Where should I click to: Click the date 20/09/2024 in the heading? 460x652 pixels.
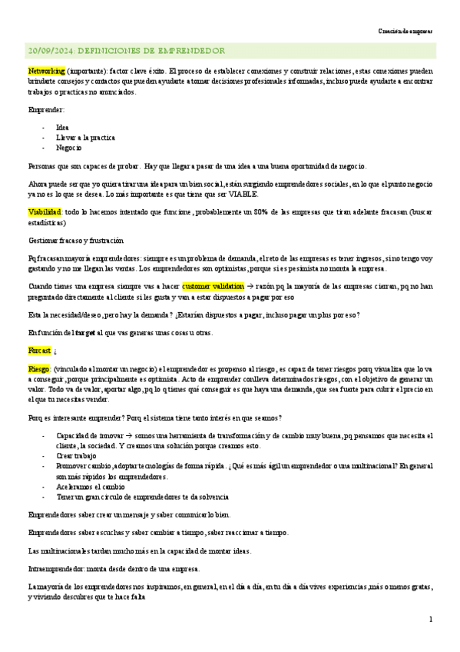pyautogui.click(x=50, y=51)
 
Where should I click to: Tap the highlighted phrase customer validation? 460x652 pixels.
pyautogui.click(x=213, y=285)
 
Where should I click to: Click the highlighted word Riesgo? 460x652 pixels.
pyautogui.click(x=38, y=369)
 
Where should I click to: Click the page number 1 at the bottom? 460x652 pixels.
pyautogui.click(x=431, y=619)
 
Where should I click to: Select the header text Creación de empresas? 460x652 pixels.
pyautogui.click(x=405, y=32)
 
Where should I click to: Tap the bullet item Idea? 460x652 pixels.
pyautogui.click(x=62, y=128)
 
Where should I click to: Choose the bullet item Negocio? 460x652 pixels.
pyautogui.click(x=68, y=148)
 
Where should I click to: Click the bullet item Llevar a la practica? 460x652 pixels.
pyautogui.click(x=86, y=138)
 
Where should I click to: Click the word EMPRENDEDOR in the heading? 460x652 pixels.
pyautogui.click(x=190, y=51)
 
